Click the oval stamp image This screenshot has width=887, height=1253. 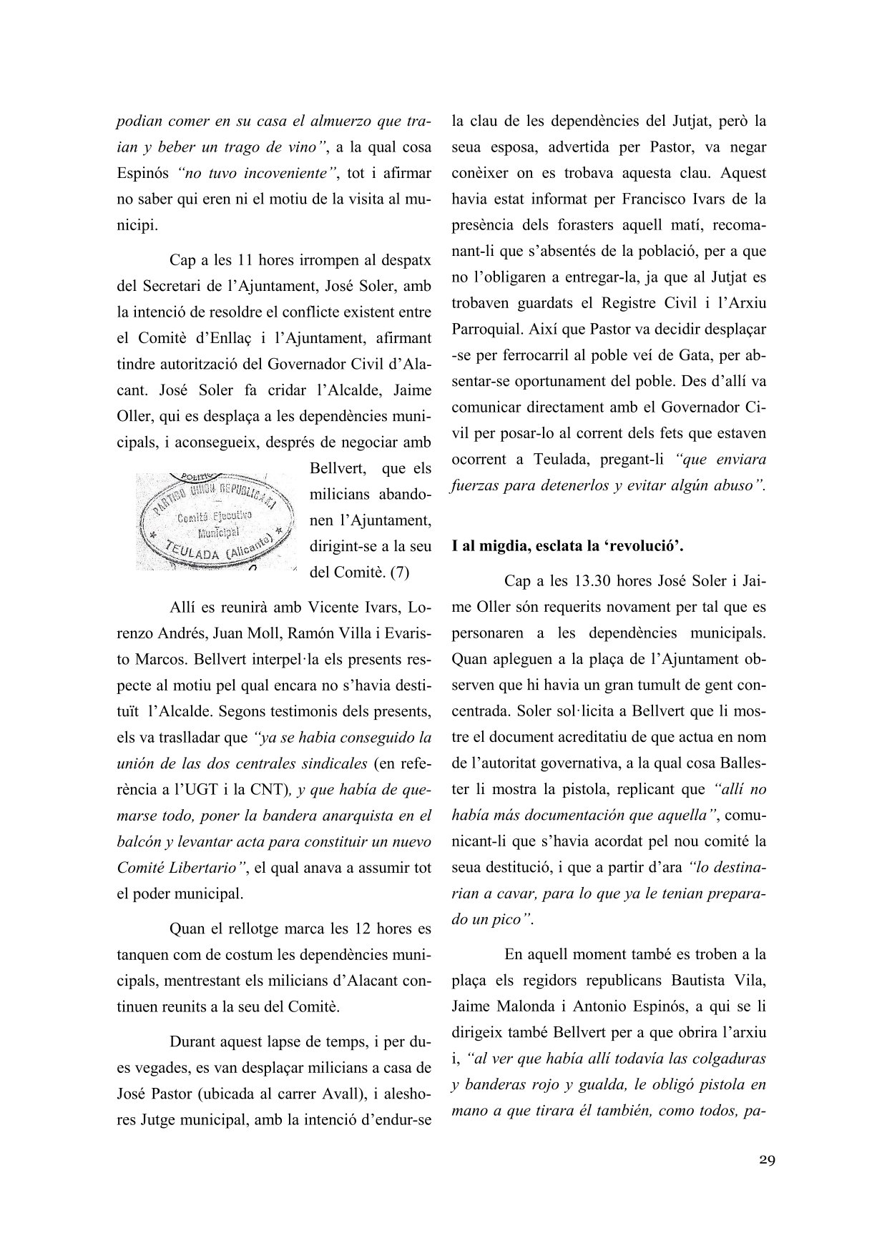[215, 520]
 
